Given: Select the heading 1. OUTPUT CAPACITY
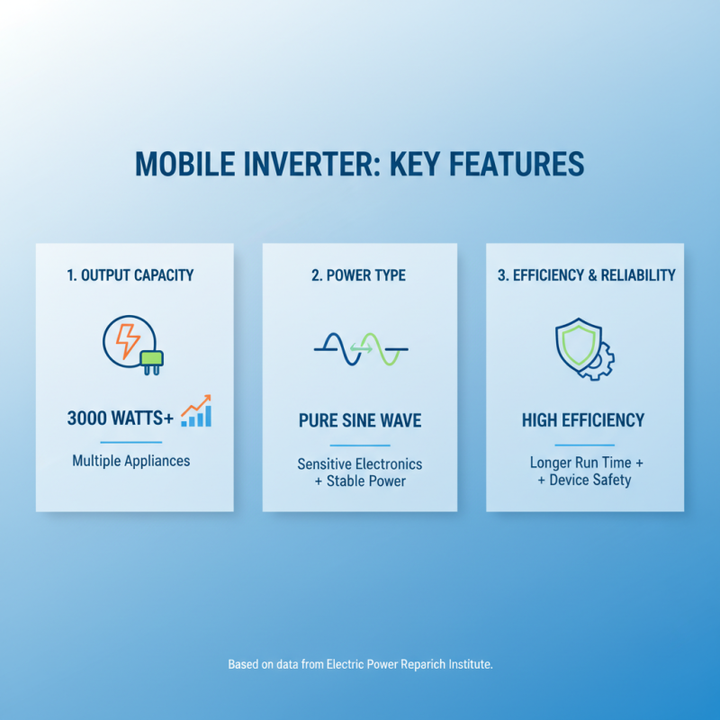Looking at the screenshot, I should (130, 275).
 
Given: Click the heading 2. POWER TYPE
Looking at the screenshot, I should (359, 275).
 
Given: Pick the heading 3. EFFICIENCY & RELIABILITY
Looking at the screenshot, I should (586, 275).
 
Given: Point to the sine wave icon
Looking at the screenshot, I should (360, 348).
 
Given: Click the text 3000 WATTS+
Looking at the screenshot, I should (121, 418).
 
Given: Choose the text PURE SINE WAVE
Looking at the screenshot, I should (360, 420).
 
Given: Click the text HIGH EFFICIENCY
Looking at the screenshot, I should (583, 420).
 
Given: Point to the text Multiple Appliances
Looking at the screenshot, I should (131, 461).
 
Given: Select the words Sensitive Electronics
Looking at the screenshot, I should (360, 464).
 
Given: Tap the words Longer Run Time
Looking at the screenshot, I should (579, 463).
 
